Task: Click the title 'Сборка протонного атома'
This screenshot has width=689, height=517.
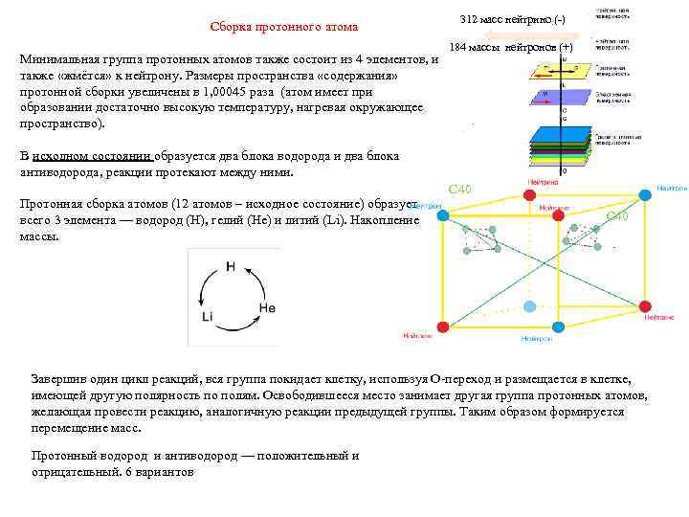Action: point(284,26)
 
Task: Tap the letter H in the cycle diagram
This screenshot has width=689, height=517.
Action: point(230,266)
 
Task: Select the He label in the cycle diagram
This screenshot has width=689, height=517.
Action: point(267,308)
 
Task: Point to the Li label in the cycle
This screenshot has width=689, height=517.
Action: point(208,316)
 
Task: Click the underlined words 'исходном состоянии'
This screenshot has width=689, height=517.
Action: point(91,156)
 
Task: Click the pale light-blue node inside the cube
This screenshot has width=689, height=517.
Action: point(530,305)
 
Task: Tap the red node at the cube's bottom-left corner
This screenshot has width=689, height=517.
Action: point(442,326)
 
